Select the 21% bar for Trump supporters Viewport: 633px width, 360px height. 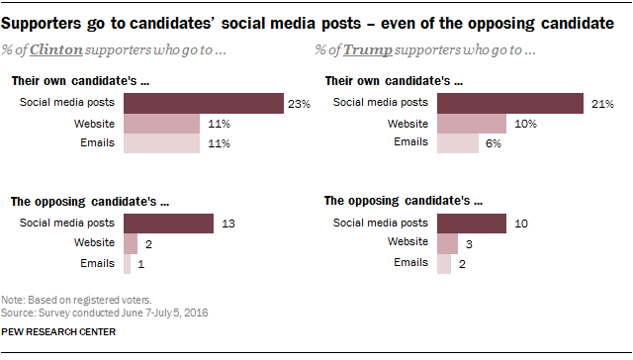[x=510, y=103]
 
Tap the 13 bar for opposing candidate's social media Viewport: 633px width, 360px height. [x=168, y=224]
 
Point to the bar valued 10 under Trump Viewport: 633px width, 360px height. [x=471, y=224]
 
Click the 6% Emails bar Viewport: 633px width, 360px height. [x=458, y=143]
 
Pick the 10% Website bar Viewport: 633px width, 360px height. [x=472, y=124]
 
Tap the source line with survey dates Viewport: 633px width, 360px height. [x=84, y=312]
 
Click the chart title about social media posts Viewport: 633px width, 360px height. [x=308, y=19]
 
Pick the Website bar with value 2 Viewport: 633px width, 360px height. [x=131, y=243]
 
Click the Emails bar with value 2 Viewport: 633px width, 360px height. [x=444, y=263]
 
